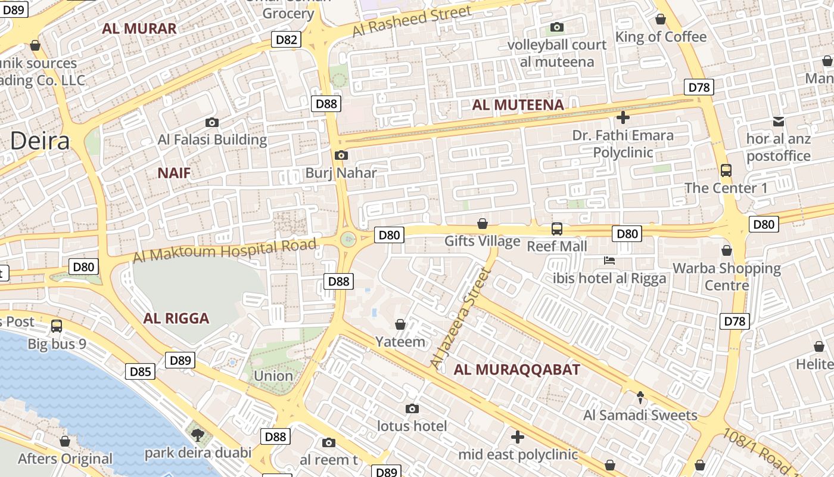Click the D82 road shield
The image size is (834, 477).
(x=287, y=40)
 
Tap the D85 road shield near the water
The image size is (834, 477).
(x=141, y=372)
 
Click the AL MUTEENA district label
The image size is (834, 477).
(x=518, y=106)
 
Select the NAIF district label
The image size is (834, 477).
(x=174, y=174)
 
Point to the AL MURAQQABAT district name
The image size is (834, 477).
(x=516, y=370)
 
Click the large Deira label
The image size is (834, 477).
(x=40, y=141)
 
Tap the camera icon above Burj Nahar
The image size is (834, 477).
(x=341, y=156)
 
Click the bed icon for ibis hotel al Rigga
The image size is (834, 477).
(x=609, y=261)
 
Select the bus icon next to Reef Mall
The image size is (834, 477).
(x=557, y=228)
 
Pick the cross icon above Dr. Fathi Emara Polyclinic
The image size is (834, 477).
(x=623, y=117)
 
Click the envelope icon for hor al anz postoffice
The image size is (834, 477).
(x=779, y=122)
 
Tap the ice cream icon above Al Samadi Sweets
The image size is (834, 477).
(x=640, y=397)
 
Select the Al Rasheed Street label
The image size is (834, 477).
(x=412, y=21)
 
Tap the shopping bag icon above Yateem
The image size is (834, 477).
(x=400, y=324)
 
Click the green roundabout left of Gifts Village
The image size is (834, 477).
(x=348, y=239)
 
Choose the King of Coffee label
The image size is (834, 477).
(x=661, y=37)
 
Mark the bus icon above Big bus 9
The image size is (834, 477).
(x=57, y=326)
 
